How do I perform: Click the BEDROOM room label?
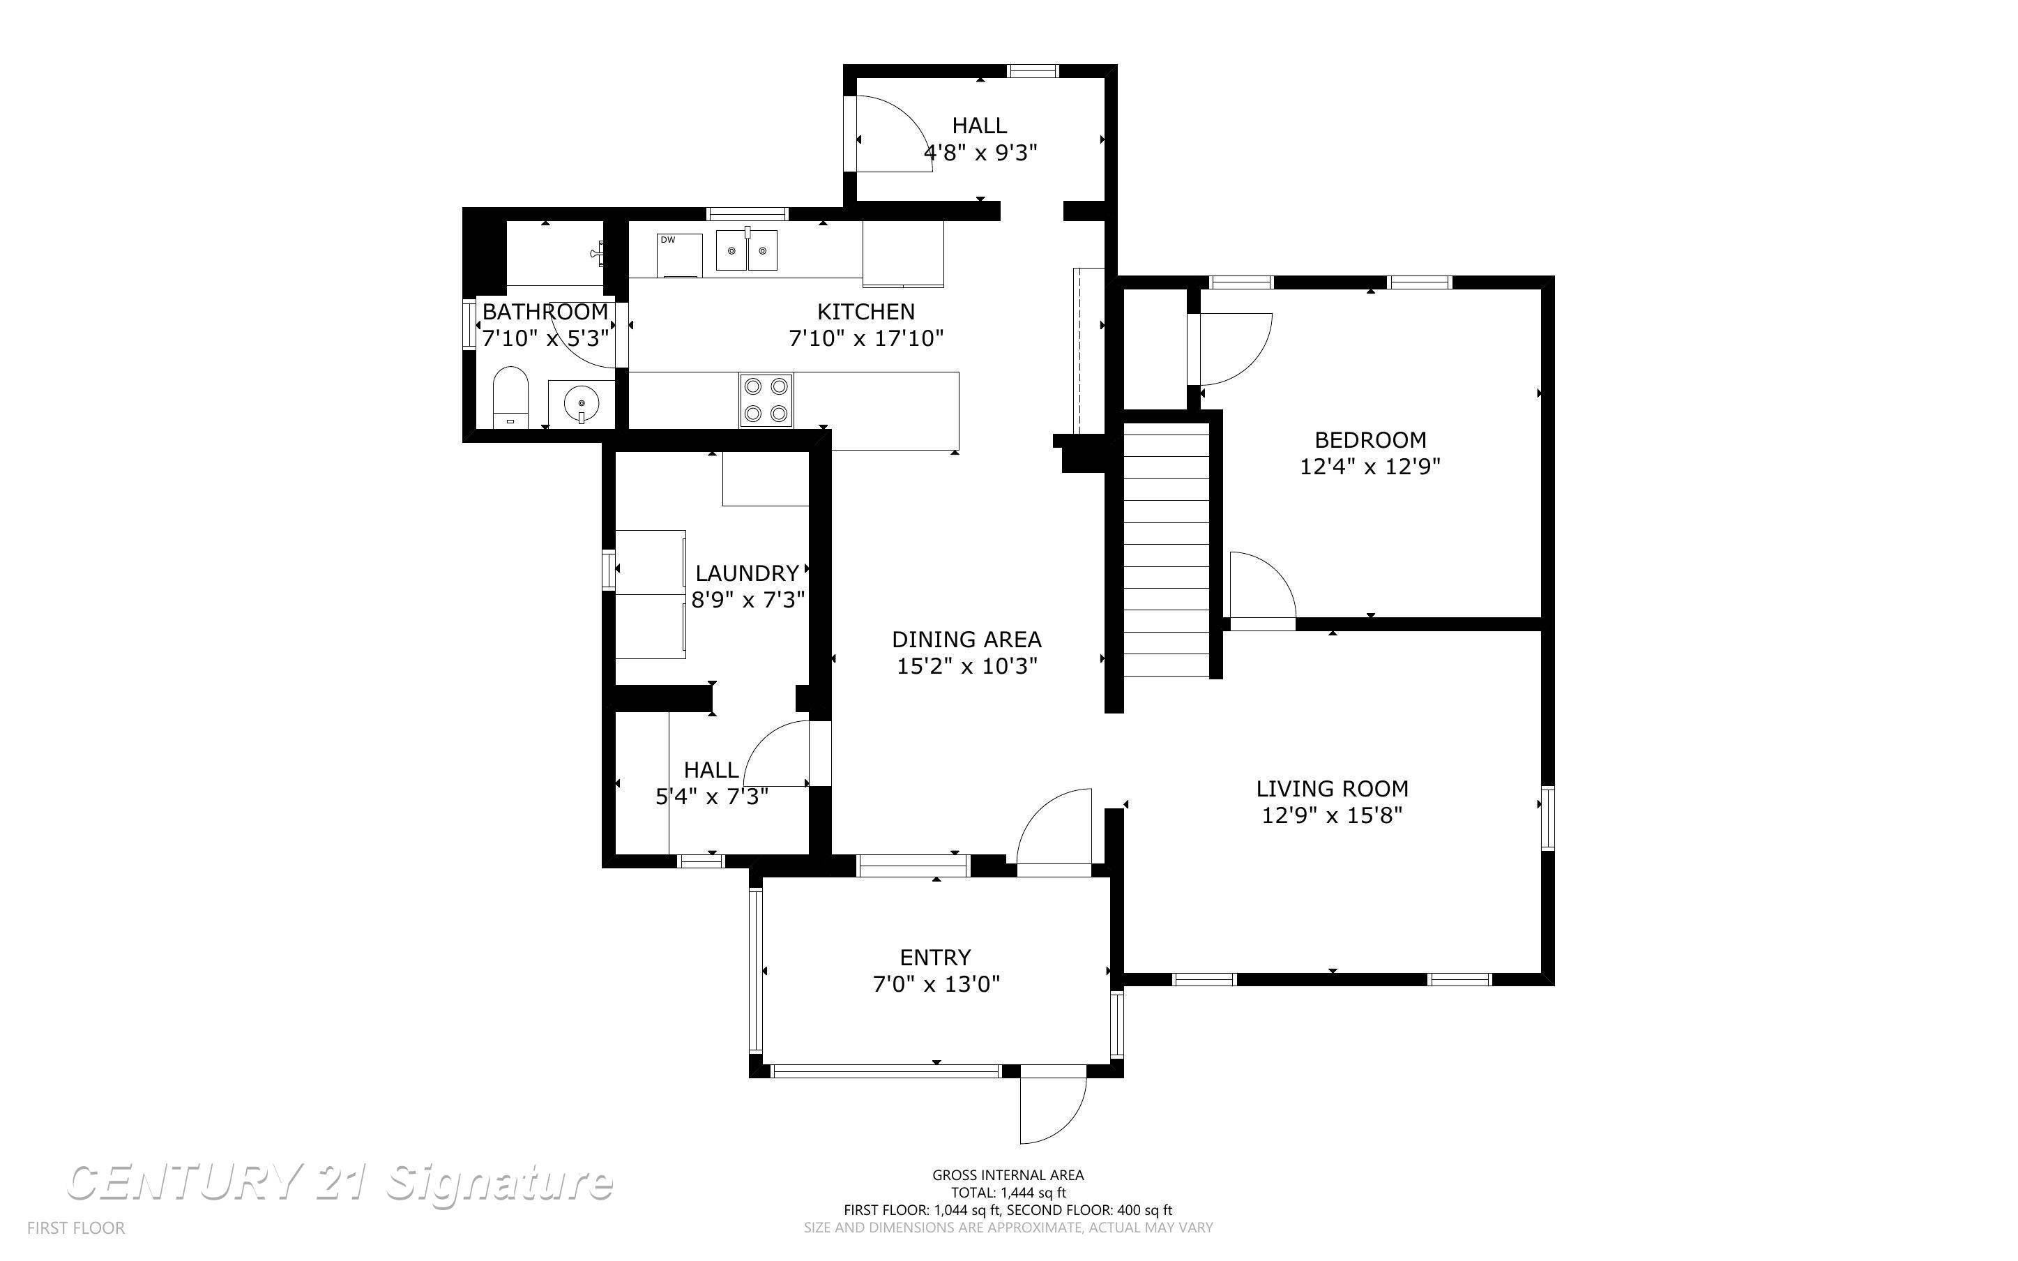coord(1370,439)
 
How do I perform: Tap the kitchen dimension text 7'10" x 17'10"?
coord(865,338)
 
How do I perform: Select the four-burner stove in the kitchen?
coord(766,400)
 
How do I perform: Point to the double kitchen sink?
coord(747,250)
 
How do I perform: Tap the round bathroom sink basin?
coord(581,405)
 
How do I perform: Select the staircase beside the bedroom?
coord(1166,550)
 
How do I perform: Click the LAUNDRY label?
coord(747,573)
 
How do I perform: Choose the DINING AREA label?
coord(966,640)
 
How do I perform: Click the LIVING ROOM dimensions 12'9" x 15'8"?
coord(1331,815)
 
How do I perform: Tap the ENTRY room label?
coord(934,957)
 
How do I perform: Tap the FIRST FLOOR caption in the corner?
coord(76,1228)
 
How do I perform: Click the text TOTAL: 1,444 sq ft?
coord(1008,1193)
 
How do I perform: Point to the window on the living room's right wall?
coord(1547,817)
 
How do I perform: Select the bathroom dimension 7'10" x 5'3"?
coord(545,338)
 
